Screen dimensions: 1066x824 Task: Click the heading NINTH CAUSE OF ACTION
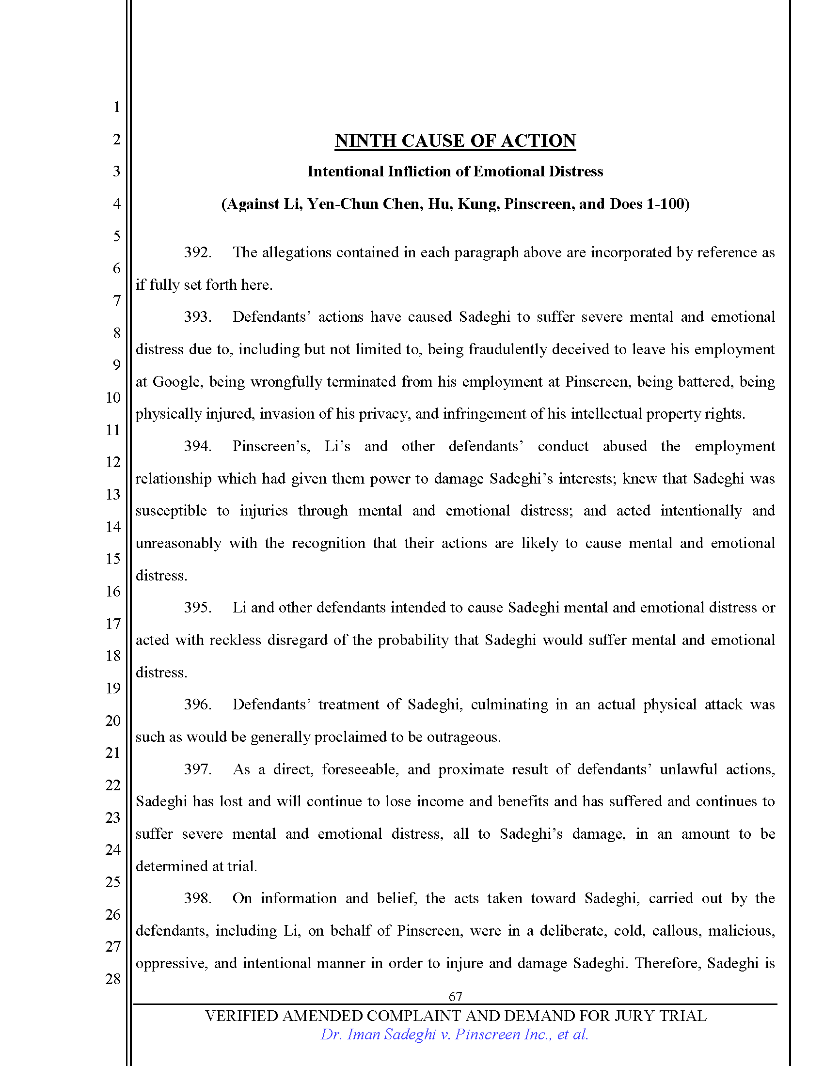pyautogui.click(x=455, y=141)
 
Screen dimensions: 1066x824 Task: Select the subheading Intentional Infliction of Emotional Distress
pyautogui.click(x=455, y=172)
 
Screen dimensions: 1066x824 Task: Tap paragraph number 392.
pyautogui.click(x=197, y=252)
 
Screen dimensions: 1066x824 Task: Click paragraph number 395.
pyautogui.click(x=197, y=608)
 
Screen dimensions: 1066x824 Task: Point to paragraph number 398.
pyautogui.click(x=197, y=898)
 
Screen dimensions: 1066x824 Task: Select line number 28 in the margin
pyautogui.click(x=113, y=979)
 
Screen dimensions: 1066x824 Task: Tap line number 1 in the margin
pyautogui.click(x=116, y=107)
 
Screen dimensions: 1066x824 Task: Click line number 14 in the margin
pyautogui.click(x=113, y=527)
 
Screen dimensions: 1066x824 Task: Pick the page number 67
pyautogui.click(x=455, y=996)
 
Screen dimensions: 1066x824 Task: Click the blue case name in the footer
pyautogui.click(x=454, y=1035)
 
